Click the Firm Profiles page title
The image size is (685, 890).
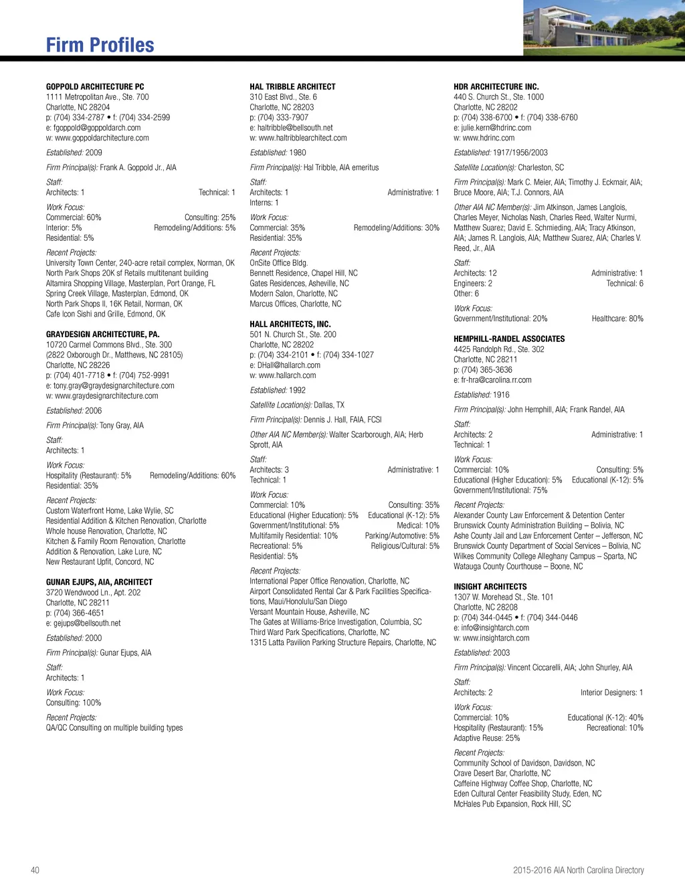[100, 45]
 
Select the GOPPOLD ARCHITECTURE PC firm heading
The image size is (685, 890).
[95, 87]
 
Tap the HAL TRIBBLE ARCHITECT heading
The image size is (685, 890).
[292, 87]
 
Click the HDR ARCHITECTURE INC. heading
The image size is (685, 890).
[496, 87]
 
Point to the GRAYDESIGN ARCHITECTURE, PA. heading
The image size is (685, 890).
[102, 335]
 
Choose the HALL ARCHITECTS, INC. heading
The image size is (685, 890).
[290, 325]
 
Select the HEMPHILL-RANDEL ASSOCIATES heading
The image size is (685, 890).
[509, 339]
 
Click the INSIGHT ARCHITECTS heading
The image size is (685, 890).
[490, 587]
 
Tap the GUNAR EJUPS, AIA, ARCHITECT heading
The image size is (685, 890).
[99, 582]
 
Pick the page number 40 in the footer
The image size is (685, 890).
[35, 870]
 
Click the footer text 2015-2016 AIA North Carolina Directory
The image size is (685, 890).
[578, 870]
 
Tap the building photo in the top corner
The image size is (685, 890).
[603, 27]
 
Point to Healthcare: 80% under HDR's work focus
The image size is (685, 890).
[617, 319]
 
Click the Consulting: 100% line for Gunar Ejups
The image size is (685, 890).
[74, 703]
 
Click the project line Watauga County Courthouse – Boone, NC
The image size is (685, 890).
[518, 566]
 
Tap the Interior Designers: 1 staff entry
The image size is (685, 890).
[611, 693]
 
